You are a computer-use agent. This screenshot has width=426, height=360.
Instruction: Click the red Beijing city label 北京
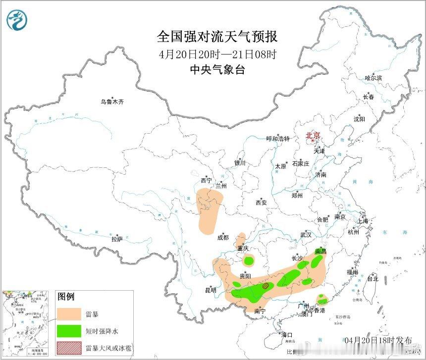tap(314, 135)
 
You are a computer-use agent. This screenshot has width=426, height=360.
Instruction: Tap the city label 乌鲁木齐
tap(112, 102)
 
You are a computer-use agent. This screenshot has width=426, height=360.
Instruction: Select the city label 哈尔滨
tap(373, 78)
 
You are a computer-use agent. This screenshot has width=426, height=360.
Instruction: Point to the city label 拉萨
tap(117, 239)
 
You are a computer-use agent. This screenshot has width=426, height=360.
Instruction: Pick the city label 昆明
tap(210, 290)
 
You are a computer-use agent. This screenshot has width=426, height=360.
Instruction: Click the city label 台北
tap(372, 279)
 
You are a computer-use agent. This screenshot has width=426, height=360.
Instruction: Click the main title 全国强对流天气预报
tap(217, 37)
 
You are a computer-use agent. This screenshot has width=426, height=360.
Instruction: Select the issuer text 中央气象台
tap(217, 70)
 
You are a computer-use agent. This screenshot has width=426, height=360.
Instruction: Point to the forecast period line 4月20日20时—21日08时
tap(217, 53)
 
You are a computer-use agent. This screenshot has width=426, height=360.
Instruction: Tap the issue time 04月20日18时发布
tap(378, 341)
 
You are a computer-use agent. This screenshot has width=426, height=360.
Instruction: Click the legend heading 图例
tap(66, 297)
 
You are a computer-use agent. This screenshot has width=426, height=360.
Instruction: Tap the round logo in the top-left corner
tap(17, 19)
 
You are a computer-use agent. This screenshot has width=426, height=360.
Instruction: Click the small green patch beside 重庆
tap(249, 259)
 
